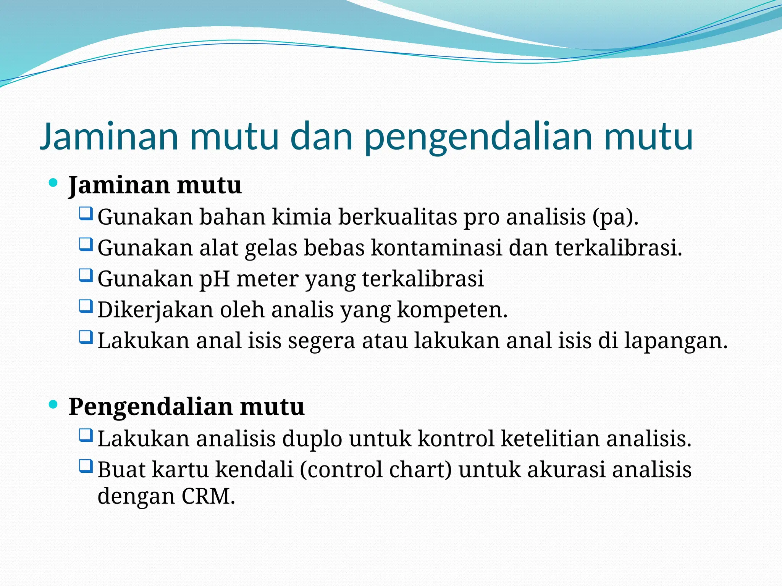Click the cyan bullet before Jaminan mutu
tap(53, 183)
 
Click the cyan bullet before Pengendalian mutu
tap(53, 404)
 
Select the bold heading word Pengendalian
tap(150, 407)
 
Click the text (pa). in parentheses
tap(616, 217)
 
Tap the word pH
tap(215, 279)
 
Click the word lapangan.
tap(675, 341)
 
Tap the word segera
tap(321, 341)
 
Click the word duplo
tap(312, 439)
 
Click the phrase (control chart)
tap(376, 470)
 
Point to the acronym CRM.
tap(208, 496)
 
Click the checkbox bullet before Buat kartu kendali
tap(86, 466)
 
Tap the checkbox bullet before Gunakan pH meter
tap(86, 275)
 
